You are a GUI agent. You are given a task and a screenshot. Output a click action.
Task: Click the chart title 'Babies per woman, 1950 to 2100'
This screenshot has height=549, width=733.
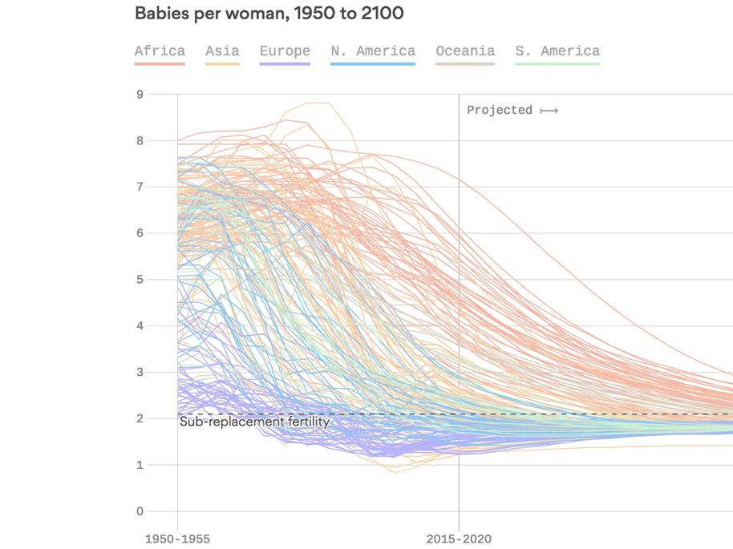[269, 14]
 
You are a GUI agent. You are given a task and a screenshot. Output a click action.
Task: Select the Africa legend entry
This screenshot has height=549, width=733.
[160, 51]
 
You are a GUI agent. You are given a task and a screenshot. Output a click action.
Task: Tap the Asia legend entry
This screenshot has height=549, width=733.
[222, 51]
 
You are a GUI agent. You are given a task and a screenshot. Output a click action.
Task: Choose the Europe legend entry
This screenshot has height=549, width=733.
[285, 51]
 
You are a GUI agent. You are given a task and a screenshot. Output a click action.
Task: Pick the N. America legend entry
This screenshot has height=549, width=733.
[373, 51]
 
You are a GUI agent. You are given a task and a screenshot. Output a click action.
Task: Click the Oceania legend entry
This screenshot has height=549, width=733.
[465, 51]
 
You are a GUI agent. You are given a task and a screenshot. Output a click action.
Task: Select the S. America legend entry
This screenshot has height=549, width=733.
[557, 51]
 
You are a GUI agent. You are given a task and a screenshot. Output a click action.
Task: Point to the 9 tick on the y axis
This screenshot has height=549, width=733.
[140, 94]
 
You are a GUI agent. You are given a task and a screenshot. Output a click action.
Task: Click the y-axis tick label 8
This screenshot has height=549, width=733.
[140, 140]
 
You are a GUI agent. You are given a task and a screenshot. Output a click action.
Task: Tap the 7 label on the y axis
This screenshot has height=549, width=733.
[140, 187]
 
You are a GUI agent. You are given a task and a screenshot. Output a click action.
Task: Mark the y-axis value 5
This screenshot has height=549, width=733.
[140, 280]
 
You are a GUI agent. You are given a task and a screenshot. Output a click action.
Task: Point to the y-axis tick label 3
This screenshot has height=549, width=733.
[140, 372]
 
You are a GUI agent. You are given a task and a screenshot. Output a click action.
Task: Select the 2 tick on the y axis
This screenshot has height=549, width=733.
[140, 418]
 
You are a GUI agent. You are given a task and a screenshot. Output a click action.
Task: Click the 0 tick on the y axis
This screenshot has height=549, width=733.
[140, 511]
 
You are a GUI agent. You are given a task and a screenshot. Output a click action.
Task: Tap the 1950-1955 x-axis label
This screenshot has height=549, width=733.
[177, 539]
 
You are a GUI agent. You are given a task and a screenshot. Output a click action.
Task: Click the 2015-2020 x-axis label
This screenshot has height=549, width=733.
[460, 539]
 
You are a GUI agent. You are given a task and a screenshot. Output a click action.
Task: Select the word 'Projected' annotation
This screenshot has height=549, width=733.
[500, 110]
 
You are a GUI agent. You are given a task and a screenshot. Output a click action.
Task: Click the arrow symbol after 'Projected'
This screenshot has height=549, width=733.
[549, 110]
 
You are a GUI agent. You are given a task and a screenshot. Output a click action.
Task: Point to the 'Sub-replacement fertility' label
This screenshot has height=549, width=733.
[254, 422]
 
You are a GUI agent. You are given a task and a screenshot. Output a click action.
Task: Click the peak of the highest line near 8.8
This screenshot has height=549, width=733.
[318, 103]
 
